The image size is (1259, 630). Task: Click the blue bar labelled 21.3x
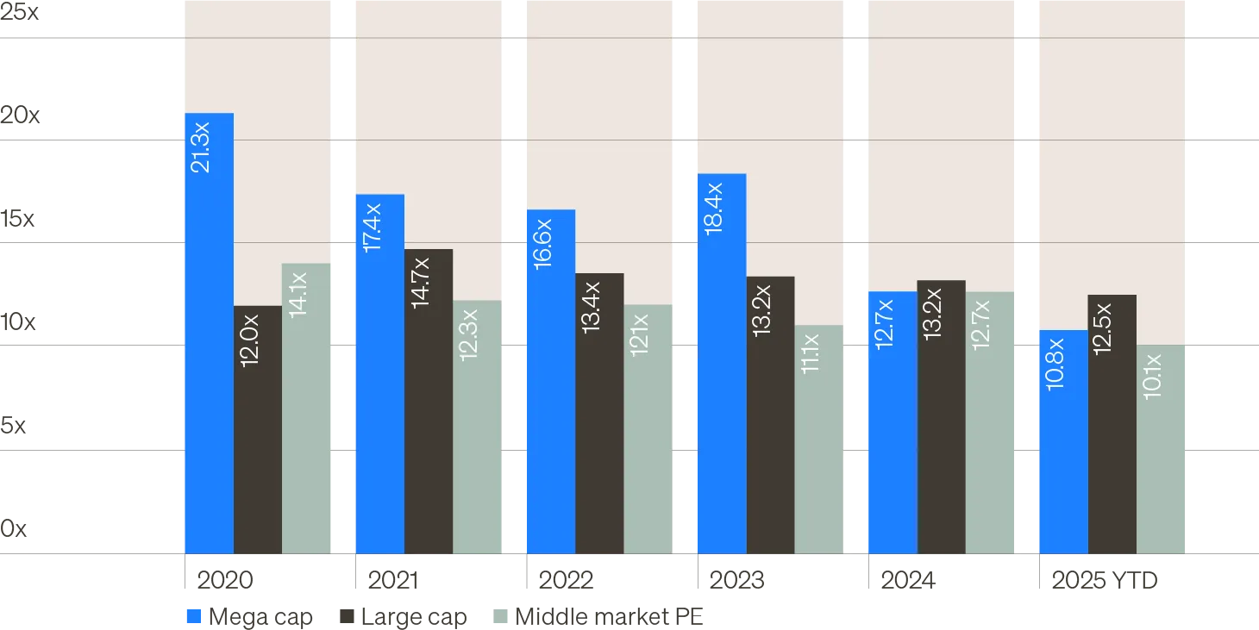(209, 345)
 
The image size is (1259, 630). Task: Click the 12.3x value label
(469, 334)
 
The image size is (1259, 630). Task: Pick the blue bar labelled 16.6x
(550, 388)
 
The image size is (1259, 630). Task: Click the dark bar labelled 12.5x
(1112, 431)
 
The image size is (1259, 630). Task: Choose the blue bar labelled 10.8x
(1063, 448)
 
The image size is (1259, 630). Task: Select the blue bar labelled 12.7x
(893, 431)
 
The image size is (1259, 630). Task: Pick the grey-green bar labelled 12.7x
(990, 431)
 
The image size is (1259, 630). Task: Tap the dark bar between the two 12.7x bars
(942, 422)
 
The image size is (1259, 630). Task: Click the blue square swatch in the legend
(195, 617)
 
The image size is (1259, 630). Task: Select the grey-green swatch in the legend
(498, 617)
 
